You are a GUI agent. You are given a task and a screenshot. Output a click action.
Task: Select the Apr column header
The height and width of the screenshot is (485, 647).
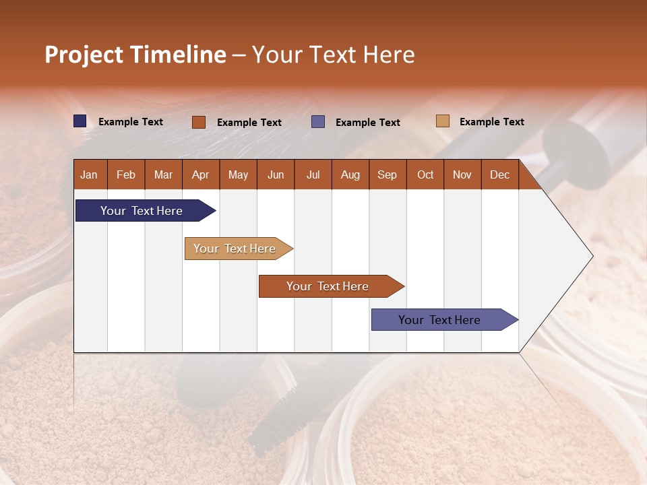tap(201, 174)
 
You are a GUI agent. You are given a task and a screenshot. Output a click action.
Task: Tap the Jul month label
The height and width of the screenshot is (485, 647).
tap(313, 174)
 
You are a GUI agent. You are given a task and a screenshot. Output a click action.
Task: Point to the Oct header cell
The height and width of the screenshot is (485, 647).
tap(425, 174)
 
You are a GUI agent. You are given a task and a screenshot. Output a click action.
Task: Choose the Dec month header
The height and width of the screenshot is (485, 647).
tap(499, 174)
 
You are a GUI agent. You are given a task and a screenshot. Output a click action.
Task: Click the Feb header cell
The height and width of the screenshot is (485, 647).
tap(126, 174)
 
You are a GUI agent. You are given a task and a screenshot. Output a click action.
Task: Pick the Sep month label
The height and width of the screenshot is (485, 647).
tap(388, 174)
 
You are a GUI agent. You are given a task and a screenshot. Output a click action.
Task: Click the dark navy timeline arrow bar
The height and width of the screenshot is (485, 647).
tap(146, 210)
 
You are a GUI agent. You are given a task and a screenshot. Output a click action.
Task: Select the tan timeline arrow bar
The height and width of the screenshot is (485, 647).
tap(239, 249)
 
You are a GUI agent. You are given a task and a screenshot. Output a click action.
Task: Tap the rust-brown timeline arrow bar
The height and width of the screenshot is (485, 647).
tap(332, 286)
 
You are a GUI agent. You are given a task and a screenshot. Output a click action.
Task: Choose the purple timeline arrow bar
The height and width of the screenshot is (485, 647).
tap(445, 319)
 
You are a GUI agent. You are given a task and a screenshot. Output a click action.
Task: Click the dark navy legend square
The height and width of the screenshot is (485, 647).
tap(80, 121)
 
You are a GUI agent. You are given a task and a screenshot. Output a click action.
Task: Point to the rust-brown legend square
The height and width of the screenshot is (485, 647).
tap(198, 122)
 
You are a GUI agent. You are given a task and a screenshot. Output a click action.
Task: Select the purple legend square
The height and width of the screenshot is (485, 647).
tap(317, 122)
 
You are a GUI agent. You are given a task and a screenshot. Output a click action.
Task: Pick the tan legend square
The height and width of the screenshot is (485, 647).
tap(442, 121)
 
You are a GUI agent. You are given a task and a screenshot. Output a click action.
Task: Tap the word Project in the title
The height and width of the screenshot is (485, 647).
tap(84, 55)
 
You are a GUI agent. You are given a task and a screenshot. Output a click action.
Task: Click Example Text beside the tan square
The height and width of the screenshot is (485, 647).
tap(492, 122)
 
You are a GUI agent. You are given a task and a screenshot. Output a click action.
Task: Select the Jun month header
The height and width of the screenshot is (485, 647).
tap(276, 174)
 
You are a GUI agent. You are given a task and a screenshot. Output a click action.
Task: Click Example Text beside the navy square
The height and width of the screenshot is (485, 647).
tap(130, 122)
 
